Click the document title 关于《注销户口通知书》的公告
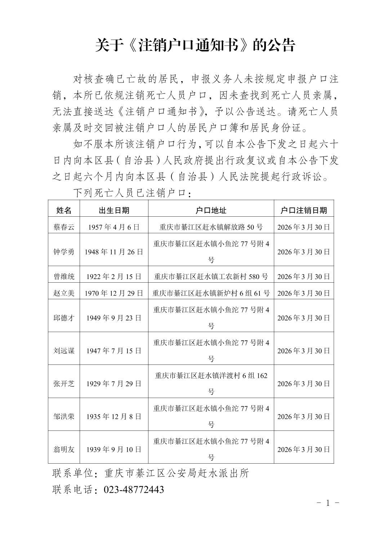point(195,46)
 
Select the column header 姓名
point(64,211)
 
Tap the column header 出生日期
point(114,211)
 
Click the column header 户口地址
point(211,211)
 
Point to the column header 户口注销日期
point(304,211)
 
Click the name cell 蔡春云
point(64,227)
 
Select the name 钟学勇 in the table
point(64,252)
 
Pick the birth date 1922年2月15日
point(114,277)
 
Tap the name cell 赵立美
point(64,293)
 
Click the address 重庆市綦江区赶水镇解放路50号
point(211,227)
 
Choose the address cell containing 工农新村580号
point(211,277)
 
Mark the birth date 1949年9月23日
point(114,318)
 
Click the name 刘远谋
point(64,351)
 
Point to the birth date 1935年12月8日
point(114,416)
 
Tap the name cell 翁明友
point(64,450)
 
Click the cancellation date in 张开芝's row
point(304,384)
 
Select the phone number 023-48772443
point(134,490)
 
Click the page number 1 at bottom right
point(328,503)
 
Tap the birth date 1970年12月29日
point(114,293)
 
